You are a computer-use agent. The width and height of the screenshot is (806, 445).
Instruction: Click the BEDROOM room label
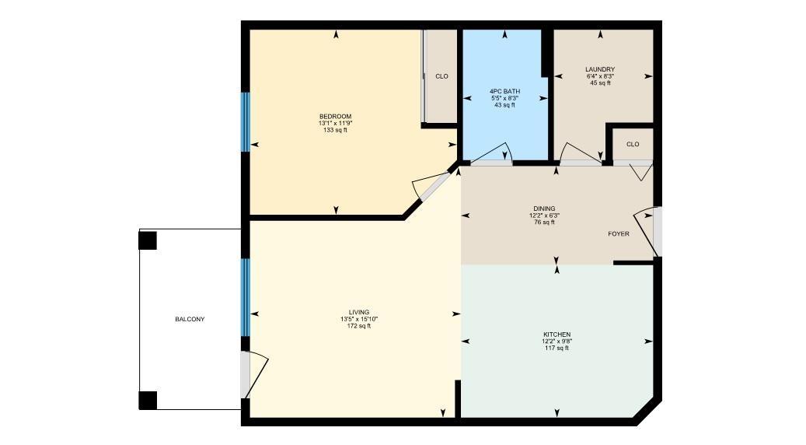click(335, 117)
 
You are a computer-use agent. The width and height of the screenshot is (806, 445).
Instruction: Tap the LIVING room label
click(359, 312)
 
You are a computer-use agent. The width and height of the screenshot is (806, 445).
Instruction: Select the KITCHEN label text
click(557, 334)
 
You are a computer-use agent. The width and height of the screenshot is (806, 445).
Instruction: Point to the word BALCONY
click(190, 320)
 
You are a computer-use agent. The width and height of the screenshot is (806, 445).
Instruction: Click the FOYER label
click(619, 234)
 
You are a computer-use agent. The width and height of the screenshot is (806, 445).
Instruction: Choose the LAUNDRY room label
click(600, 69)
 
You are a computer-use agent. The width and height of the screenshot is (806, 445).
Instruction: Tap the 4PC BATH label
click(505, 91)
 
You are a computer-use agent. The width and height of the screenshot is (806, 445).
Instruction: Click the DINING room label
click(544, 208)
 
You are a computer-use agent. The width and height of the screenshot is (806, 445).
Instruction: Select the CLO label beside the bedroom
click(441, 76)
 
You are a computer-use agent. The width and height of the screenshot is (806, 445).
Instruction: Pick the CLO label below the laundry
click(633, 144)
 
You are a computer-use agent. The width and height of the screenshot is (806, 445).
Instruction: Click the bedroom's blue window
click(245, 122)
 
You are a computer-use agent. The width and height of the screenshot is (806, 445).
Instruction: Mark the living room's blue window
click(245, 297)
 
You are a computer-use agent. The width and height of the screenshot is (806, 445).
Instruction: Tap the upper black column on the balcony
click(148, 240)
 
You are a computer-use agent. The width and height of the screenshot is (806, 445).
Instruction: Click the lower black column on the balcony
click(148, 401)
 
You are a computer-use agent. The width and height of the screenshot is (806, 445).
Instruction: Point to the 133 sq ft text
click(335, 130)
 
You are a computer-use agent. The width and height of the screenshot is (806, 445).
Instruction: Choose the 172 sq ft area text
click(359, 326)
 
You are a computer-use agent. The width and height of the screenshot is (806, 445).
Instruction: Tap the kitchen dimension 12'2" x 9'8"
click(557, 341)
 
